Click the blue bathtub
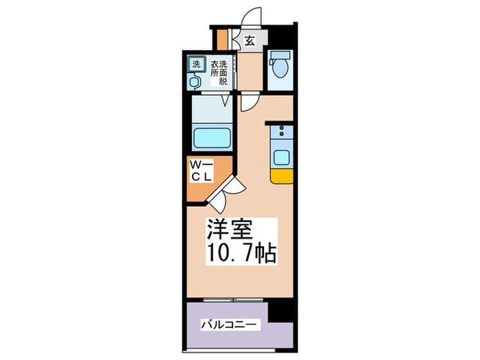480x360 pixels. (213, 139)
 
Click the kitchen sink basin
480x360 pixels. (282, 157)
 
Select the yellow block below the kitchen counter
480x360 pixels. (282, 176)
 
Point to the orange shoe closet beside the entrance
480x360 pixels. (221, 39)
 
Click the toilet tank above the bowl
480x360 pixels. (279, 56)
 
